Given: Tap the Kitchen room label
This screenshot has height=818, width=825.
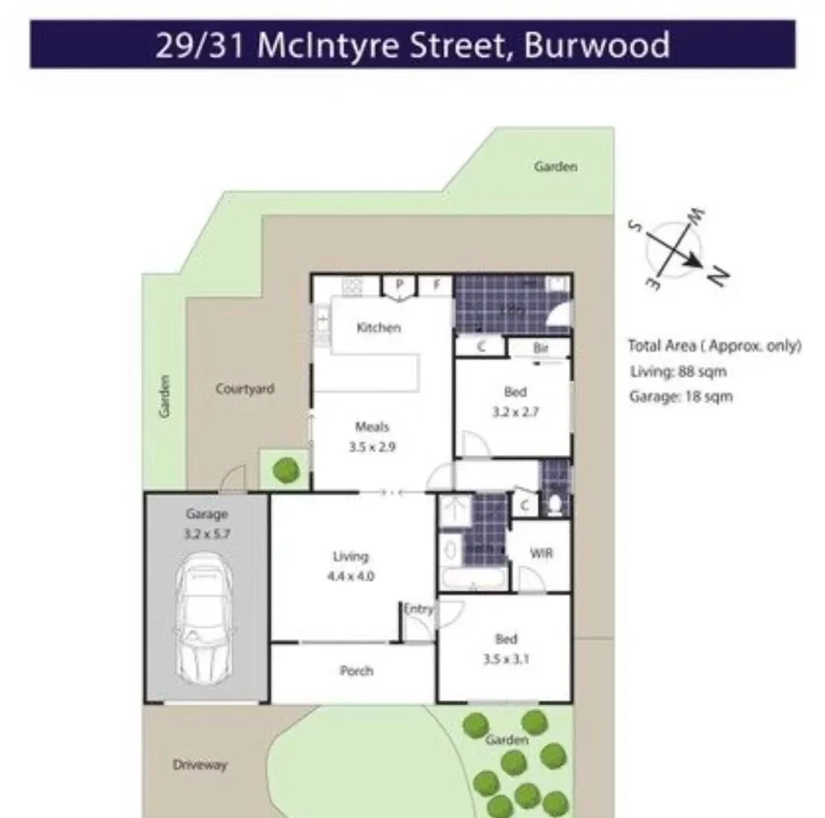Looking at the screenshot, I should coord(378,328).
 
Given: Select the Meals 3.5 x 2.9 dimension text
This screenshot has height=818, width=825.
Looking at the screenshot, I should coord(371,447).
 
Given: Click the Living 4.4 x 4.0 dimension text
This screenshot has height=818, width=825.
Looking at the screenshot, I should coord(351,576).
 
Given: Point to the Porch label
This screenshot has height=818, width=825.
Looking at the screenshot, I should coord(356,671).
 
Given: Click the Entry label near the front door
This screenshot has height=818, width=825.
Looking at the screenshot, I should coord(418,609).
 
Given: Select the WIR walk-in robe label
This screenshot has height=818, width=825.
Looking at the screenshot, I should coord(541,553).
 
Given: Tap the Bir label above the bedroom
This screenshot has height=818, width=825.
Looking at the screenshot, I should coord(541,348).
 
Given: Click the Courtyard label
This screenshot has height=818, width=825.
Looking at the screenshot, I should coord(245,389).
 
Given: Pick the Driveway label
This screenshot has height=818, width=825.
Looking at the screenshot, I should coord(200,765).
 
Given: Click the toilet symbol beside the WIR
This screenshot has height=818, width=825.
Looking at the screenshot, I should coord(556,505).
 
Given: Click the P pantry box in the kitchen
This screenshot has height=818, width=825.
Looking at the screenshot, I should coord(399,285).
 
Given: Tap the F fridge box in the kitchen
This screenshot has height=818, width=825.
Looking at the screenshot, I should coord(436,285).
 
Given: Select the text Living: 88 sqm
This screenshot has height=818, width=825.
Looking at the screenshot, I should coord(677,372).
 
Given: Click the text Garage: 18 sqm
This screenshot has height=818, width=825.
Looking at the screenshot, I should coord(680,396).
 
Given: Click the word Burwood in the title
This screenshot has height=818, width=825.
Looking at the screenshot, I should coord(597,45).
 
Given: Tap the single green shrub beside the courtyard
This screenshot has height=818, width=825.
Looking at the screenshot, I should coord(286,469).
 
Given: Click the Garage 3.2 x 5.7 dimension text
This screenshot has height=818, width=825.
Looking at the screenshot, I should coord(206,534).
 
